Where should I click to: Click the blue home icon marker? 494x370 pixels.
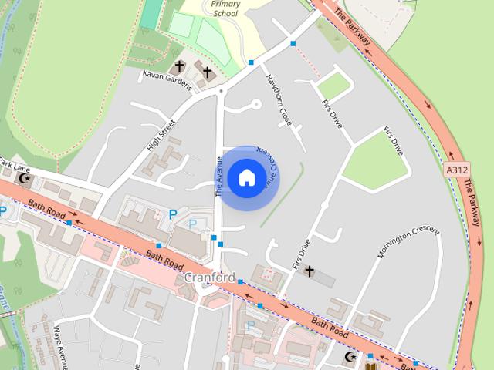coord(246,178)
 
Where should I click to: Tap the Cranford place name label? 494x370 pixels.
coord(209,277)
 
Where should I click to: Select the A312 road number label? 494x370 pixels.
coord(457,169)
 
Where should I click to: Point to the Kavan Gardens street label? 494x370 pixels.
coord(167,80)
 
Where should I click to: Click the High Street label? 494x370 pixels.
coord(160,134)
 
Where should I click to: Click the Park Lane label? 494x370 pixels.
coord(14,166)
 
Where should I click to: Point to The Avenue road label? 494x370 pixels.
coord(219,177)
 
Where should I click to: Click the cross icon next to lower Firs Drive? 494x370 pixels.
coord(310,271)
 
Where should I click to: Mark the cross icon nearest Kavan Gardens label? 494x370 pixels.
coord(181,67)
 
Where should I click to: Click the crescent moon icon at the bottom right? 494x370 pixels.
coord(349,358)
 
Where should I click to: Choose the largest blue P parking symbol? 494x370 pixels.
coord(171,215)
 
